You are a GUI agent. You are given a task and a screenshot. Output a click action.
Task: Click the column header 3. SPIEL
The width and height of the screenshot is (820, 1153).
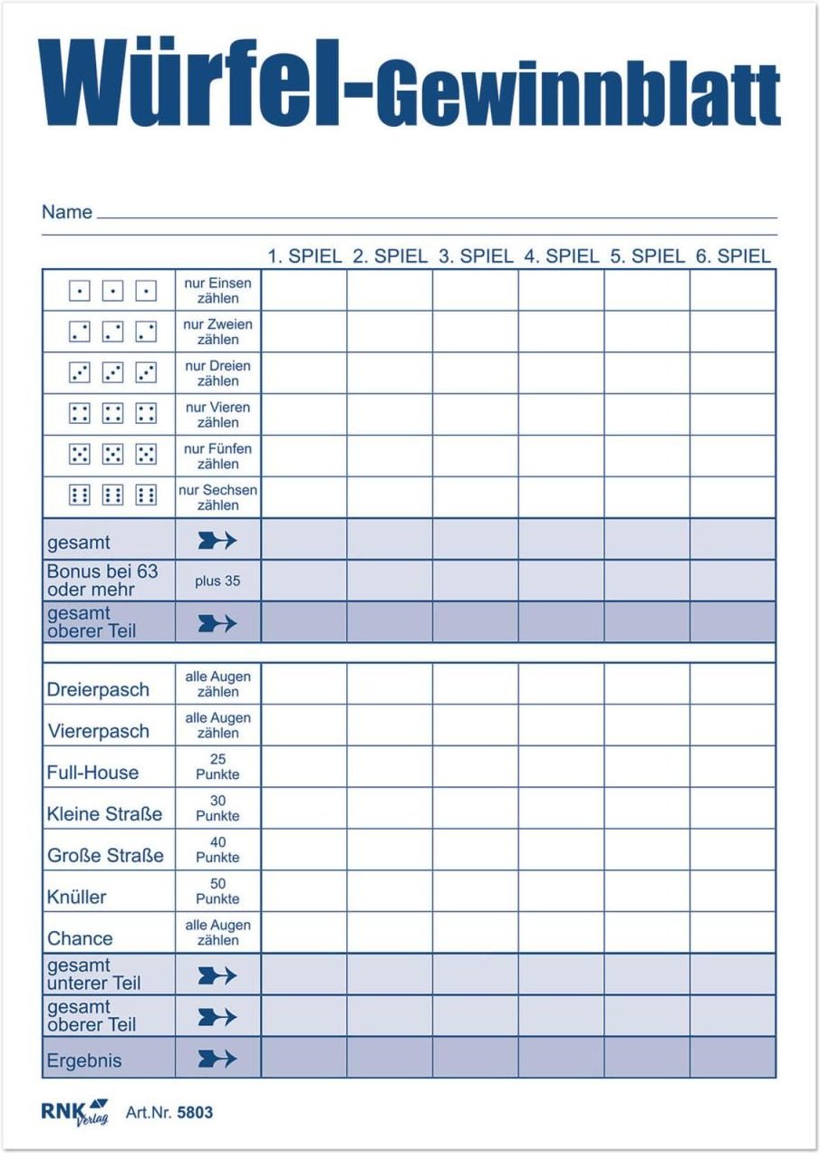tap(475, 256)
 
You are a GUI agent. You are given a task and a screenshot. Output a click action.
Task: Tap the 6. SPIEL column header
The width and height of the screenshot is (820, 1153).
tap(733, 256)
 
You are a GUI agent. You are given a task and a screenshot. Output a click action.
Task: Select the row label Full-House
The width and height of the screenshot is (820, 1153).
tap(93, 773)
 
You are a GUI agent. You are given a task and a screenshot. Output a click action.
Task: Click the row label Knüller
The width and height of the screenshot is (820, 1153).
tap(77, 898)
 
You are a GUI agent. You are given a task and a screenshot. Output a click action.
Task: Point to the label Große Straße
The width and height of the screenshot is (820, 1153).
tap(105, 856)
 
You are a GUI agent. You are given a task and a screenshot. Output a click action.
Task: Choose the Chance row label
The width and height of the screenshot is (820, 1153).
tap(80, 938)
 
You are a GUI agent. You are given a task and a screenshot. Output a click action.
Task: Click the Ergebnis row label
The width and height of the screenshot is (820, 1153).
tap(84, 1061)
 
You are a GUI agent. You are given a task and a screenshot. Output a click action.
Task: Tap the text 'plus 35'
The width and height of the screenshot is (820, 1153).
tap(217, 581)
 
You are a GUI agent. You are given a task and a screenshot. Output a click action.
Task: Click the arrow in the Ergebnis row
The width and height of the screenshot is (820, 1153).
tap(217, 1058)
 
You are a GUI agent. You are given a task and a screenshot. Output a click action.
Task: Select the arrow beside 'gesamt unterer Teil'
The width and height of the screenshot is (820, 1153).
tap(217, 975)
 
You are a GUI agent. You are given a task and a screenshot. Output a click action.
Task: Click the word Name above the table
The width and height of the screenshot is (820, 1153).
tap(67, 213)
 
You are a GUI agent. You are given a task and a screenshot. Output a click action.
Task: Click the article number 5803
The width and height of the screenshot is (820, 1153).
tap(195, 1112)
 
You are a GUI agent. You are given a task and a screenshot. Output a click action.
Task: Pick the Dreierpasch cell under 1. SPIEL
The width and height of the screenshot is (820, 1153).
tap(304, 684)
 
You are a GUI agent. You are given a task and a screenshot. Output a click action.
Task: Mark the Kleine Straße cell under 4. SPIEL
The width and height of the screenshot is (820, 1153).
tap(561, 808)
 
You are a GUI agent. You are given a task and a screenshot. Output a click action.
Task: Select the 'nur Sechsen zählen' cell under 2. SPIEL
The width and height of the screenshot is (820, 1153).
tap(390, 497)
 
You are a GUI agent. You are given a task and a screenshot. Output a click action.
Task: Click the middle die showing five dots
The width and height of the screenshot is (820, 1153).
tap(113, 454)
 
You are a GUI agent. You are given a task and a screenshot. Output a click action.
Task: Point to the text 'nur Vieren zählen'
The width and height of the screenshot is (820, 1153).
tap(218, 415)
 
